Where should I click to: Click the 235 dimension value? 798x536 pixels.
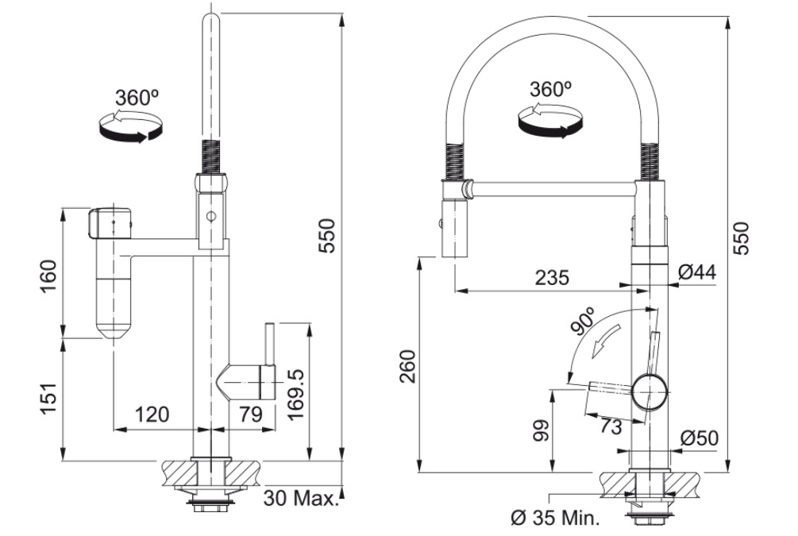coord(551,278)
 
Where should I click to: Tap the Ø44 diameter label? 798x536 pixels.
coord(699,272)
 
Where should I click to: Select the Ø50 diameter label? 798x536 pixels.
coord(699,438)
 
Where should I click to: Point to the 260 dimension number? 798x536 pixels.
coord(407,364)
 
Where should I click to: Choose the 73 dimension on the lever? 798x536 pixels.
coord(609,426)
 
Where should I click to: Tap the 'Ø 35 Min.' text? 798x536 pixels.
coord(554,519)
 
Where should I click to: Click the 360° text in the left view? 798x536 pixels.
coord(137,98)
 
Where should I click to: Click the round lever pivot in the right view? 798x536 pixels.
coord(650,392)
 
